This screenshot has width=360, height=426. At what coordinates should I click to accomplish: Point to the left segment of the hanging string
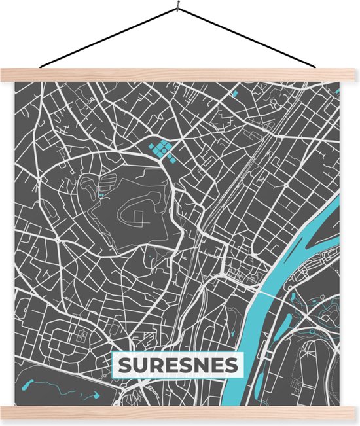pyautogui.click(x=108, y=38)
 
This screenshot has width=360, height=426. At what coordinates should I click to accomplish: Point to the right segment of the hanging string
pyautogui.click(x=249, y=37)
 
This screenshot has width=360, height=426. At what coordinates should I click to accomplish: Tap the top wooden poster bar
pyautogui.click(x=180, y=75)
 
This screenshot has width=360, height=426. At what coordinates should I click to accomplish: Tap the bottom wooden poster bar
pyautogui.click(x=180, y=412)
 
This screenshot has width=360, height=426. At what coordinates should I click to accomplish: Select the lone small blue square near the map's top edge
pyautogui.click(x=234, y=94)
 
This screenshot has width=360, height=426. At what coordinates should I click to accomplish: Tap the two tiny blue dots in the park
pyautogui.click(x=101, y=194)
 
